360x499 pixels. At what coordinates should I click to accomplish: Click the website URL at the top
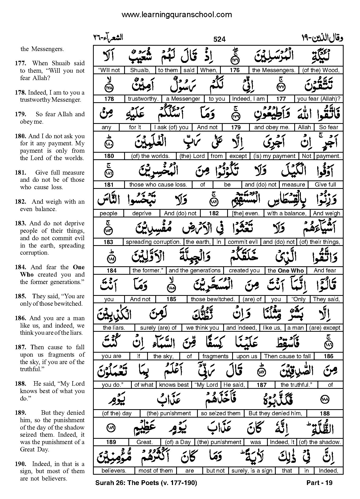(177, 15)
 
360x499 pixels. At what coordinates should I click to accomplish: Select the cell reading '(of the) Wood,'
(321, 70)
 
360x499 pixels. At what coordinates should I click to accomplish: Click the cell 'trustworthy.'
(143, 99)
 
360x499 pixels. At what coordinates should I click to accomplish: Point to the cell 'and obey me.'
(272, 127)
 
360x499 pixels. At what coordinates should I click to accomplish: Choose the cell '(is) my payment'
(274, 156)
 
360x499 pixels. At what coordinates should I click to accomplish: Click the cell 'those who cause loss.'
(158, 185)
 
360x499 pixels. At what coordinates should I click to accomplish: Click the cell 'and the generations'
(194, 271)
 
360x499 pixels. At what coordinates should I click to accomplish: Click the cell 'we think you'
(202, 328)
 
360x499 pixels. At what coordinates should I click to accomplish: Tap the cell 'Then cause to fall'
(287, 356)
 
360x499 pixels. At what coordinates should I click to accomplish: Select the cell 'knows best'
(174, 385)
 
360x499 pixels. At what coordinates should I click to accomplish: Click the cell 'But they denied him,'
(275, 413)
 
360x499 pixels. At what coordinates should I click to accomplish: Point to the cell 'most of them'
(155, 471)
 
